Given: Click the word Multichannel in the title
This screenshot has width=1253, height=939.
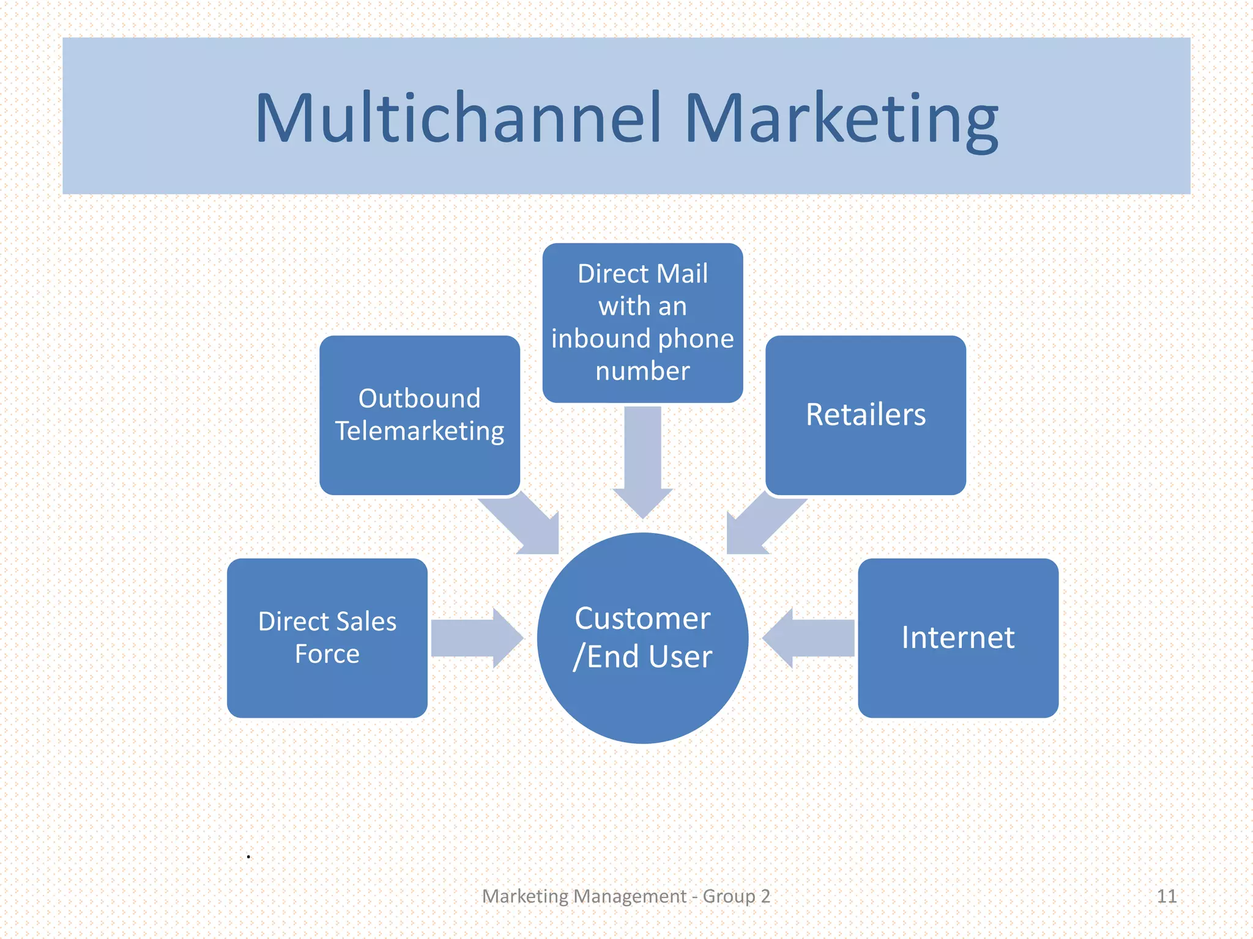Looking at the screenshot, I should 458,117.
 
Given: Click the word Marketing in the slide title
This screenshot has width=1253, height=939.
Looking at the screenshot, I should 841,119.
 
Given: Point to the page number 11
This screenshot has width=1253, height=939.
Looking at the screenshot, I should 1166,896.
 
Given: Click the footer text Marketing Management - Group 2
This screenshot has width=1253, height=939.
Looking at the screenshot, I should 625,896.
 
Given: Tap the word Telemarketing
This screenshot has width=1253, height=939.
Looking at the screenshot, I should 420,431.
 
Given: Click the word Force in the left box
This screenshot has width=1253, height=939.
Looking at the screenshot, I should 327,654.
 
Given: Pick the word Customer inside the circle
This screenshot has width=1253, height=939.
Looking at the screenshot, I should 642,619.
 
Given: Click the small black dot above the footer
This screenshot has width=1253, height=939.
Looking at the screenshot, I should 248,856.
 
